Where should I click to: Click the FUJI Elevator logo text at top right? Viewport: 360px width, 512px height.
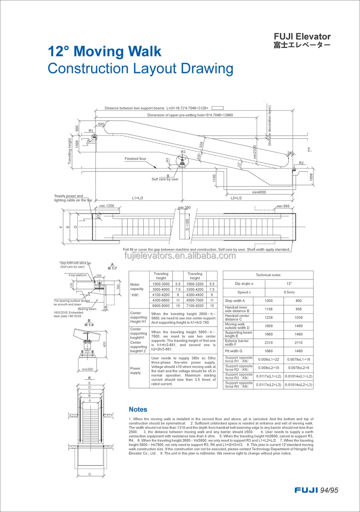(302, 37)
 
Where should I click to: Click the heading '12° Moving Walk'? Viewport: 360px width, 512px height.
(104, 51)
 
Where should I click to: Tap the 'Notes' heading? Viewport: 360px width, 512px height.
(138, 409)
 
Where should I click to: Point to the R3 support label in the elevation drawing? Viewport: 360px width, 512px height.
(183, 152)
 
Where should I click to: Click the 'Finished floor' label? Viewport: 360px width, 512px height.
(135, 159)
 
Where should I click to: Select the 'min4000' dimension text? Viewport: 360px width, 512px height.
(259, 192)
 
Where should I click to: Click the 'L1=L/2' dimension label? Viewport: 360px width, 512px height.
(138, 198)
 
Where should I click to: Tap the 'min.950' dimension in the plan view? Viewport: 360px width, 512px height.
(283, 206)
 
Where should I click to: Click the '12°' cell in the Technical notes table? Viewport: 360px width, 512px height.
(289, 284)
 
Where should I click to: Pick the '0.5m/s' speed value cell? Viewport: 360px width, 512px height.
(289, 292)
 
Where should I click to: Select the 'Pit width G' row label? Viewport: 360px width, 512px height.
(234, 351)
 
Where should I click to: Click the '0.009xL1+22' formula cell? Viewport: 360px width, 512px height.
(269, 359)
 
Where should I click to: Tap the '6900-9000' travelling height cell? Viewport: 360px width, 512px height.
(161, 306)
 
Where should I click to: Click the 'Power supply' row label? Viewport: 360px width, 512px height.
(135, 370)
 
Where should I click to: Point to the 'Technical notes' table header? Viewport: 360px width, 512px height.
(268, 275)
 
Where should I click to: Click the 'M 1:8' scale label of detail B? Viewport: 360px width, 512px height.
(89, 325)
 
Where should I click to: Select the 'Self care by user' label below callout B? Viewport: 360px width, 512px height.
(165, 179)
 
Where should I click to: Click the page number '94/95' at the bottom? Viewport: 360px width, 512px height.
(329, 490)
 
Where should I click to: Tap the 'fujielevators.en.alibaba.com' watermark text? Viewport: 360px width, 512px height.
(180, 256)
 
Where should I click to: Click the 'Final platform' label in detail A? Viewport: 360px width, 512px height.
(78, 275)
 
